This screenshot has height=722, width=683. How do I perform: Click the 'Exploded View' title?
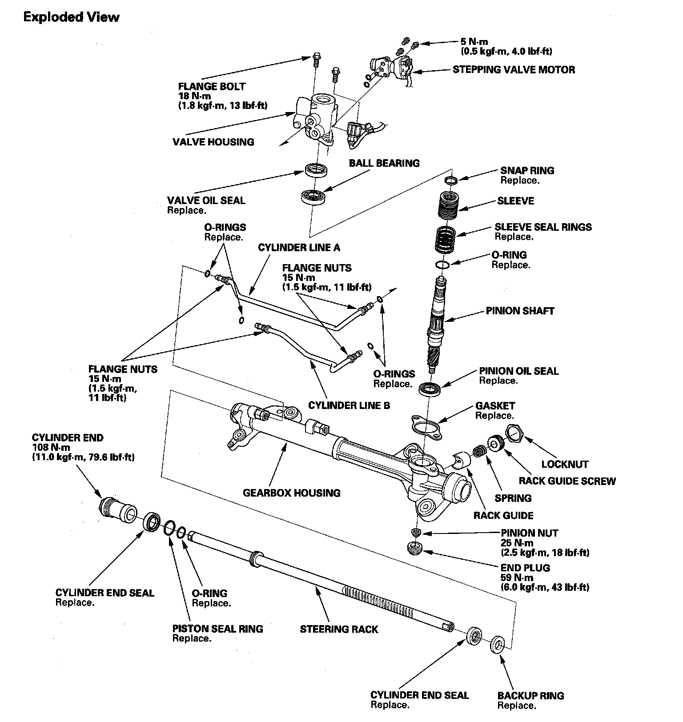pos(71,17)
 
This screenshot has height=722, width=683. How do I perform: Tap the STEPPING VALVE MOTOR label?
pos(514,70)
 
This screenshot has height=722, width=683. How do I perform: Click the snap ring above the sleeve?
pos(451,180)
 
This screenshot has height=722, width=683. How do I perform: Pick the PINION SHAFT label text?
pos(520,311)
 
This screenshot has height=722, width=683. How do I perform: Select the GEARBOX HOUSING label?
pos(291,493)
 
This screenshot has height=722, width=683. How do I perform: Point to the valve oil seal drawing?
pos(316,169)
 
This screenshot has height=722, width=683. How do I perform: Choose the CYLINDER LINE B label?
pos(349,405)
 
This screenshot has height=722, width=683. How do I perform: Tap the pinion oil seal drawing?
pos(430,388)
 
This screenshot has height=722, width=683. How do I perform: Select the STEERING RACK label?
pos(339,629)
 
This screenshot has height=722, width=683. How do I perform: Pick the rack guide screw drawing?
pos(495,443)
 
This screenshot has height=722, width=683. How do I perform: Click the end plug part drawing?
pos(415,548)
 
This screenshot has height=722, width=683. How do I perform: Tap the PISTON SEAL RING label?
pos(217,629)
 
